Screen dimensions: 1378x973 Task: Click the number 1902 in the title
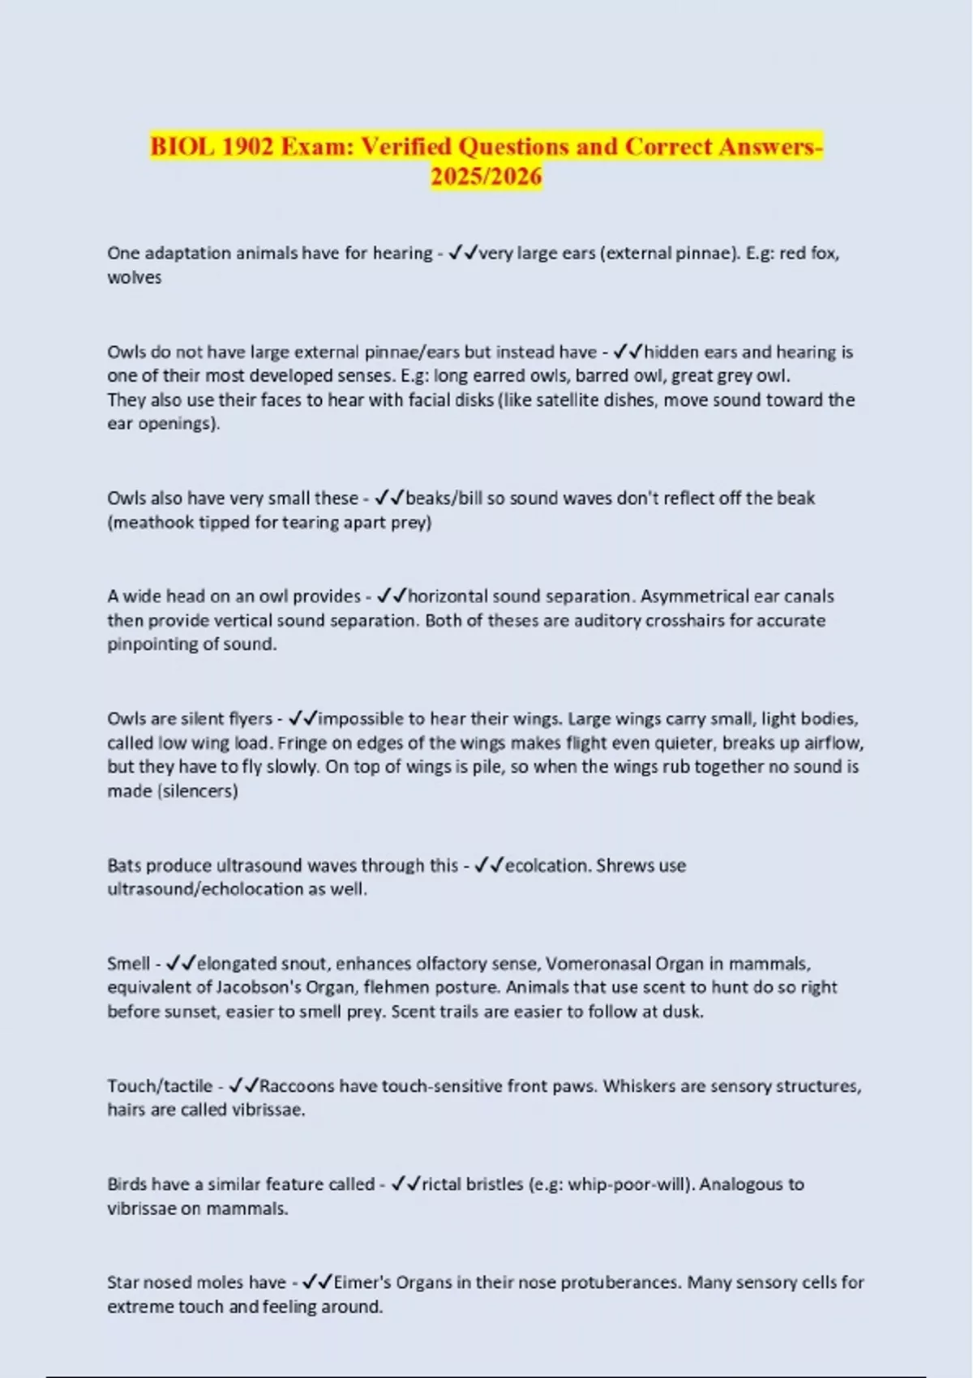pos(247,147)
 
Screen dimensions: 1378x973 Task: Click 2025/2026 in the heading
pos(486,176)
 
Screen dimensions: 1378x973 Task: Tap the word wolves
pos(135,277)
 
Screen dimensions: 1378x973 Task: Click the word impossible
pos(361,719)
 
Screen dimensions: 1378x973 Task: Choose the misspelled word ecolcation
pos(546,866)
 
